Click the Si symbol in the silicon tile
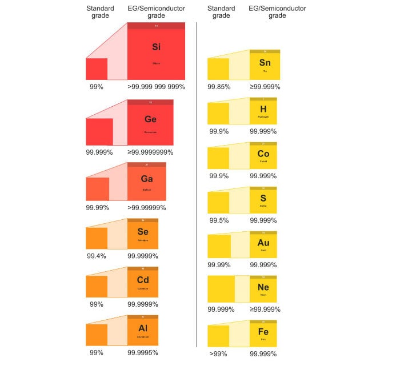click(x=156, y=47)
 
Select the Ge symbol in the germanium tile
click(x=150, y=119)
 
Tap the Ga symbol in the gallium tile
click(x=147, y=179)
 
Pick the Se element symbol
click(x=143, y=232)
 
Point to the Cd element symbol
click(x=143, y=280)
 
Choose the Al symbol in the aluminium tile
click(x=143, y=328)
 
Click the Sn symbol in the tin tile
click(x=265, y=63)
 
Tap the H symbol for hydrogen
click(x=263, y=109)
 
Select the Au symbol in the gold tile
click(x=263, y=243)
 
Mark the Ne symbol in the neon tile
click(x=263, y=287)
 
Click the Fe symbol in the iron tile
click(x=263, y=332)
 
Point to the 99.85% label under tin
click(x=219, y=87)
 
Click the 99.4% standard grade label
click(x=97, y=256)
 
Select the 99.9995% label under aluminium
click(x=143, y=353)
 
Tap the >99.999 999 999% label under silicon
click(x=156, y=87)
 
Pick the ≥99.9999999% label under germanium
click(x=150, y=152)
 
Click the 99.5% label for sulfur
click(x=219, y=220)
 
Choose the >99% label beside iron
click(x=218, y=354)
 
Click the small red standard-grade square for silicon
click(x=97, y=69)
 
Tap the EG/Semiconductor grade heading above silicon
click(x=156, y=12)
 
